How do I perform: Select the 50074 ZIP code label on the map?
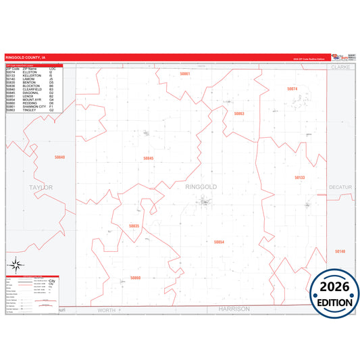tap(292, 88)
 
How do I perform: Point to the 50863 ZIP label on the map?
tap(239, 113)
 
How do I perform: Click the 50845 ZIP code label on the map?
tap(149, 158)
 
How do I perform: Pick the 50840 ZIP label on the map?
tap(59, 157)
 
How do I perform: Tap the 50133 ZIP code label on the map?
tap(300, 178)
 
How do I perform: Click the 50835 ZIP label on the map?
tap(134, 226)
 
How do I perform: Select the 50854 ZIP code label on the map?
tap(218, 241)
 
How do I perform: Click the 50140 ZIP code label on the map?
tap(339, 251)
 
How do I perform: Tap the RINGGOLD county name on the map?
tap(201, 186)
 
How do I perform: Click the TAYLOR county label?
tap(41, 186)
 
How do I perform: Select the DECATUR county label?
tap(341, 186)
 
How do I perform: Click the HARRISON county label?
tap(234, 309)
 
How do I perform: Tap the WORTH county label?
tap(107, 309)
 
